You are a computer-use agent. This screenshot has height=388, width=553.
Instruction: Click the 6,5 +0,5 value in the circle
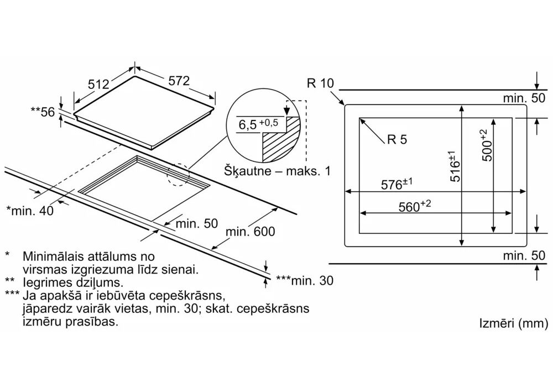pos(258,124)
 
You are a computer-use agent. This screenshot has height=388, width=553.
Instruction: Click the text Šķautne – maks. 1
pos(277,171)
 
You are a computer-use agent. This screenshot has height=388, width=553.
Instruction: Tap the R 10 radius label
pos(320,83)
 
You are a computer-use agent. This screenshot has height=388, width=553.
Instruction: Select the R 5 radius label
pos(397,140)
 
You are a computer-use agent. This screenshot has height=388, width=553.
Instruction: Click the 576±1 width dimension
pos(398,185)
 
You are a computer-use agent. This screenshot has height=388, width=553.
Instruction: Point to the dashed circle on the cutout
pos(178,176)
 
